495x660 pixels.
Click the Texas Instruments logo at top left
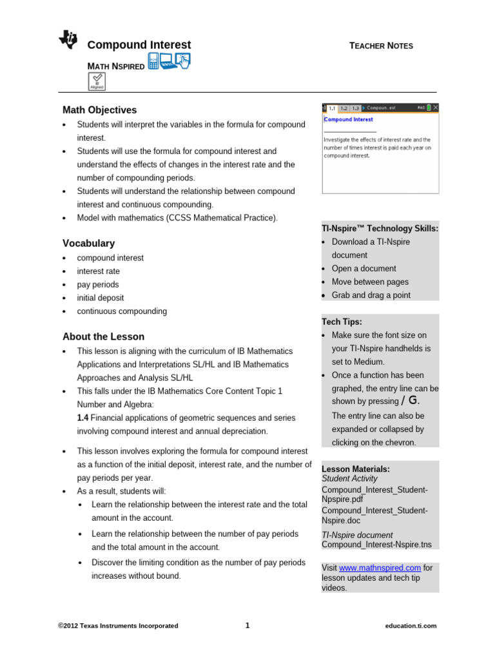[x=68, y=41]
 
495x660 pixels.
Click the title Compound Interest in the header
[x=139, y=45]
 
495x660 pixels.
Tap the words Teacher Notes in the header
[x=381, y=46]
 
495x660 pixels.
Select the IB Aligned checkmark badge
[x=97, y=81]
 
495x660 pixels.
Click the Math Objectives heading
[x=99, y=110]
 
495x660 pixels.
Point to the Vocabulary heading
[x=88, y=244]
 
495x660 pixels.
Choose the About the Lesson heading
[x=103, y=337]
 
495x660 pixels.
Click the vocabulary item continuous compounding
[x=122, y=311]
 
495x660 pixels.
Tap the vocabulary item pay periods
[x=98, y=284]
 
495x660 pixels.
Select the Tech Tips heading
[x=342, y=322]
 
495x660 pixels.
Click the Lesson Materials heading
[x=356, y=469]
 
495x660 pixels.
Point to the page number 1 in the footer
[x=247, y=625]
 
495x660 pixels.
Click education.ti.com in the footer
[x=411, y=626]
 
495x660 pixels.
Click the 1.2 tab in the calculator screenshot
[x=344, y=108]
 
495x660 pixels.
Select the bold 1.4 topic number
[x=83, y=418]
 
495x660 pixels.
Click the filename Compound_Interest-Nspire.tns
[x=376, y=545]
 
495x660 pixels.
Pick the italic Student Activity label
[x=349, y=479]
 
